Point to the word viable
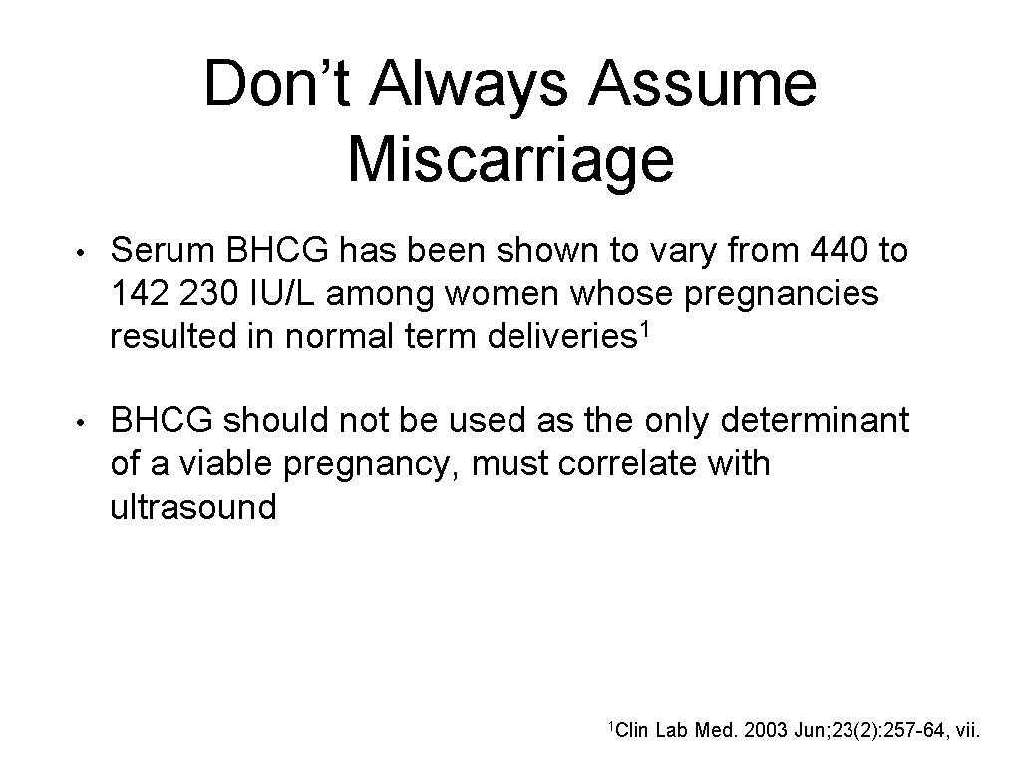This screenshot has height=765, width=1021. (240, 464)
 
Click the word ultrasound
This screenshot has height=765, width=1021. (193, 507)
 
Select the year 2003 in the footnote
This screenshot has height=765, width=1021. (766, 734)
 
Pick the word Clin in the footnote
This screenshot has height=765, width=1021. (630, 734)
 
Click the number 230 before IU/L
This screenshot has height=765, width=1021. (232, 295)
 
